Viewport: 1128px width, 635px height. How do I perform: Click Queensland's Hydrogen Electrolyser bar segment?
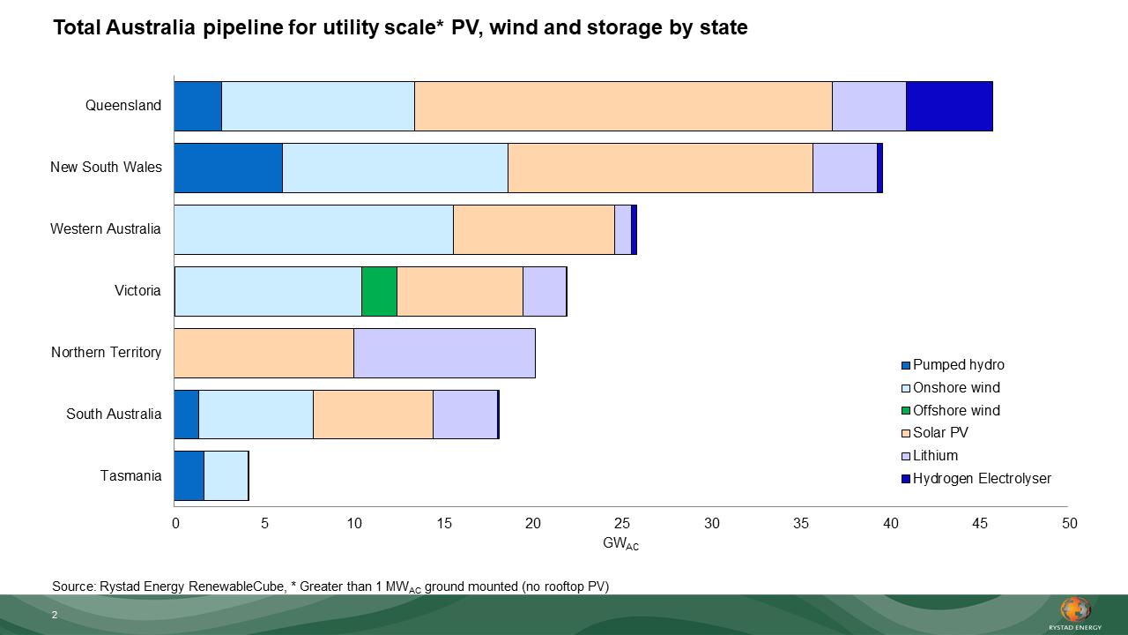(949, 106)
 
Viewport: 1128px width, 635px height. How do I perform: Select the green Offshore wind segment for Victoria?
(379, 291)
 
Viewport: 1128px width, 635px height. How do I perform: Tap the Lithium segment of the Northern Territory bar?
(444, 353)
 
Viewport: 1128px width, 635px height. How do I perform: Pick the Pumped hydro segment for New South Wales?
(228, 168)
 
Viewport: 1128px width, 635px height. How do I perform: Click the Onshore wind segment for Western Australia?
(314, 229)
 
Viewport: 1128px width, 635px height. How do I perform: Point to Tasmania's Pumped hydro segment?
(189, 476)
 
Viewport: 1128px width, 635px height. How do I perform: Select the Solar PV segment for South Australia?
(373, 415)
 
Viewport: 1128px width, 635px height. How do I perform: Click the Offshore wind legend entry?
(956, 410)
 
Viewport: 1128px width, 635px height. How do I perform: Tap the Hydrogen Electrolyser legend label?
(982, 479)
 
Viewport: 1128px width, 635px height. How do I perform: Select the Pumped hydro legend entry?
(958, 365)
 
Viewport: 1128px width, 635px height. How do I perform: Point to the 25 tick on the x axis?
(622, 524)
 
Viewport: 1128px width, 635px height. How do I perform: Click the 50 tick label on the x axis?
(1069, 524)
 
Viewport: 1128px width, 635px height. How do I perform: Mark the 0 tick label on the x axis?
(175, 524)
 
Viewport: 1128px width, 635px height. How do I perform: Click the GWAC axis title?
(620, 544)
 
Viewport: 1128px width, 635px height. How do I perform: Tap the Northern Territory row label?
(106, 353)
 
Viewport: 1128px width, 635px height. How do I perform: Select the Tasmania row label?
(130, 476)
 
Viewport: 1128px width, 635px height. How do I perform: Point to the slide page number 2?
(55, 615)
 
